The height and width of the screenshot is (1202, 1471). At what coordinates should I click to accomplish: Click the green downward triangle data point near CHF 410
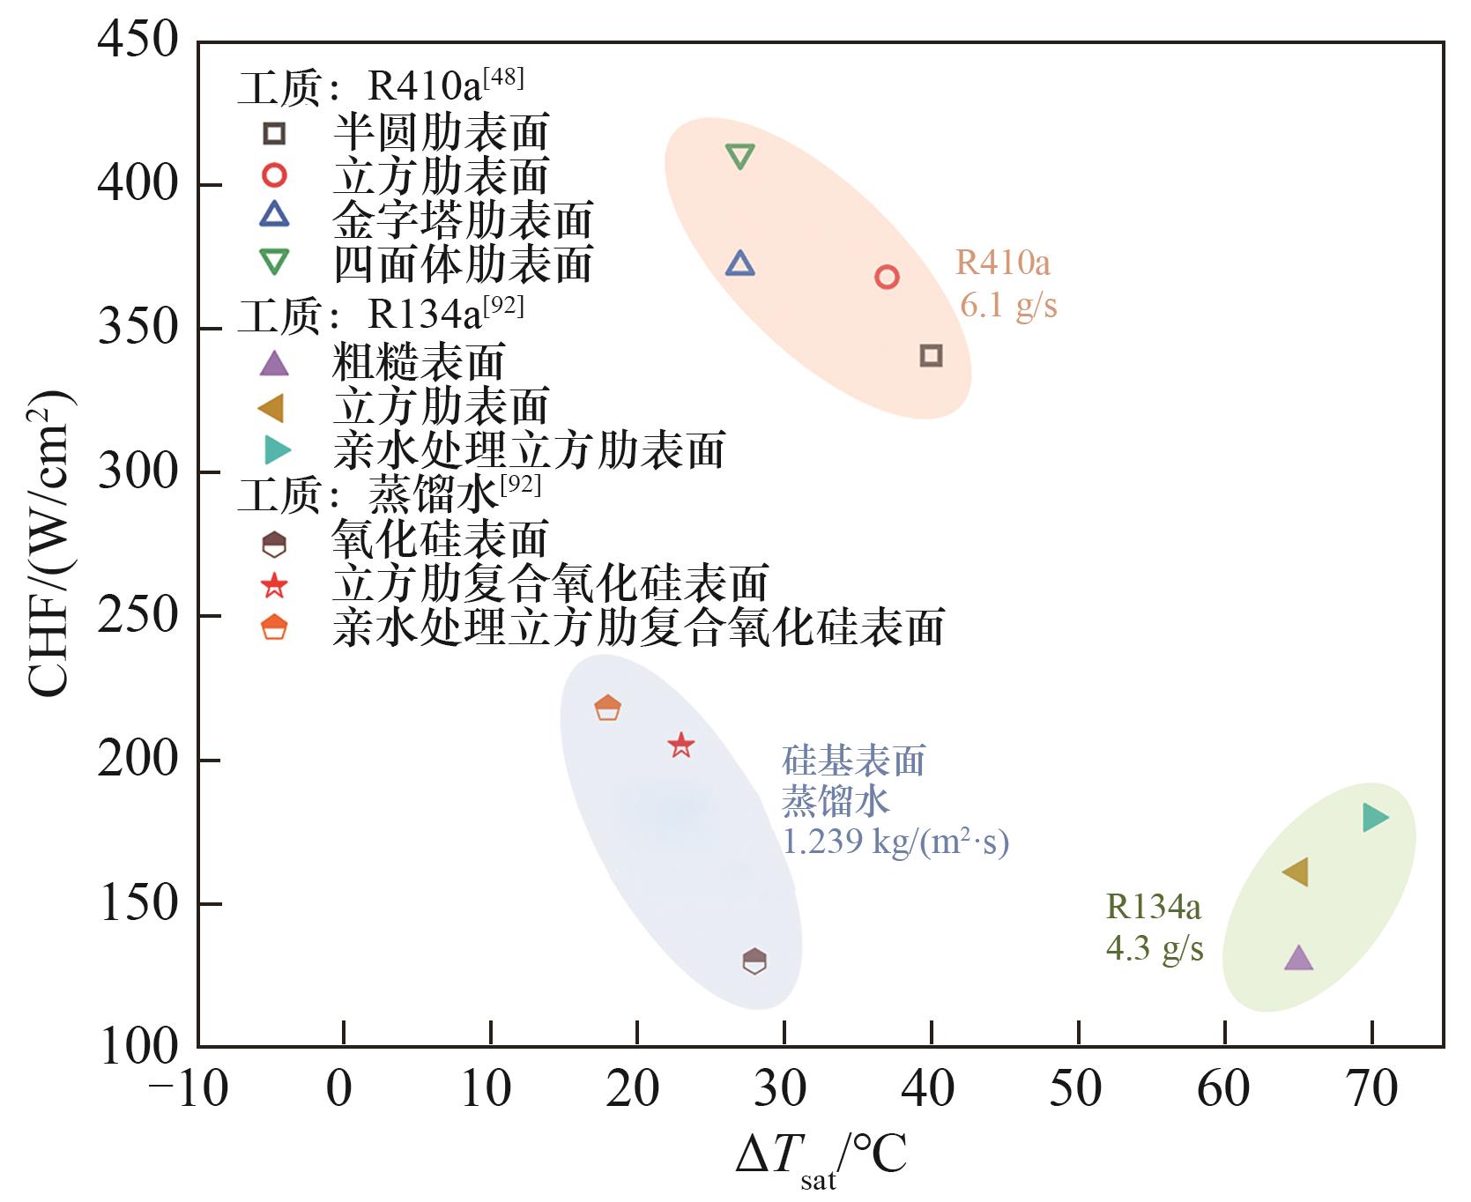tap(740, 157)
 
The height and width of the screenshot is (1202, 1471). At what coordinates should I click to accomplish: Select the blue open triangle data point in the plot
tap(740, 263)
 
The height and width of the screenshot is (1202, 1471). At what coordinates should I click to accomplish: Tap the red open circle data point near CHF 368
tap(887, 278)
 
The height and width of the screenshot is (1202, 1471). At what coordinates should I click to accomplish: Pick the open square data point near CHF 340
tap(931, 356)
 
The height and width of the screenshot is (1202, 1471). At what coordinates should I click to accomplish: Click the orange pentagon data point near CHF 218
tap(608, 708)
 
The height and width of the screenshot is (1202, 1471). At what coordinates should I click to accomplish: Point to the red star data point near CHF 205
tap(681, 746)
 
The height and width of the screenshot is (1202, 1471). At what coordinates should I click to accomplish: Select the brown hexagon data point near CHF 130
tap(754, 961)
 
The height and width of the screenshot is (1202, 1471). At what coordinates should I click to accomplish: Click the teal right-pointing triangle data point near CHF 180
tap(1374, 818)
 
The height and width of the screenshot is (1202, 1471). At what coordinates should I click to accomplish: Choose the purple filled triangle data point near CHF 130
tap(1298, 959)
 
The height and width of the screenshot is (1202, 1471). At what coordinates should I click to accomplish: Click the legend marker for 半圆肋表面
tap(275, 134)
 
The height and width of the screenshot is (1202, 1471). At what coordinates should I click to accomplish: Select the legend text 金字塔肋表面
tap(463, 220)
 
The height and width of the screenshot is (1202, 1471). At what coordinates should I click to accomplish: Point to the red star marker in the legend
tap(275, 585)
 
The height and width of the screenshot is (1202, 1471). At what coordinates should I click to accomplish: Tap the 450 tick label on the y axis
tap(138, 41)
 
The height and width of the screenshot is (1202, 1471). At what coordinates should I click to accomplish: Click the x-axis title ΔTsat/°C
tap(821, 1157)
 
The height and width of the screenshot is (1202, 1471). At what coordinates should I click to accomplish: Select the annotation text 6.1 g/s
tap(1008, 306)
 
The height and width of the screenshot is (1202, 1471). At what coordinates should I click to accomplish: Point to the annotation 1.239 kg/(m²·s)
tap(895, 842)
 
